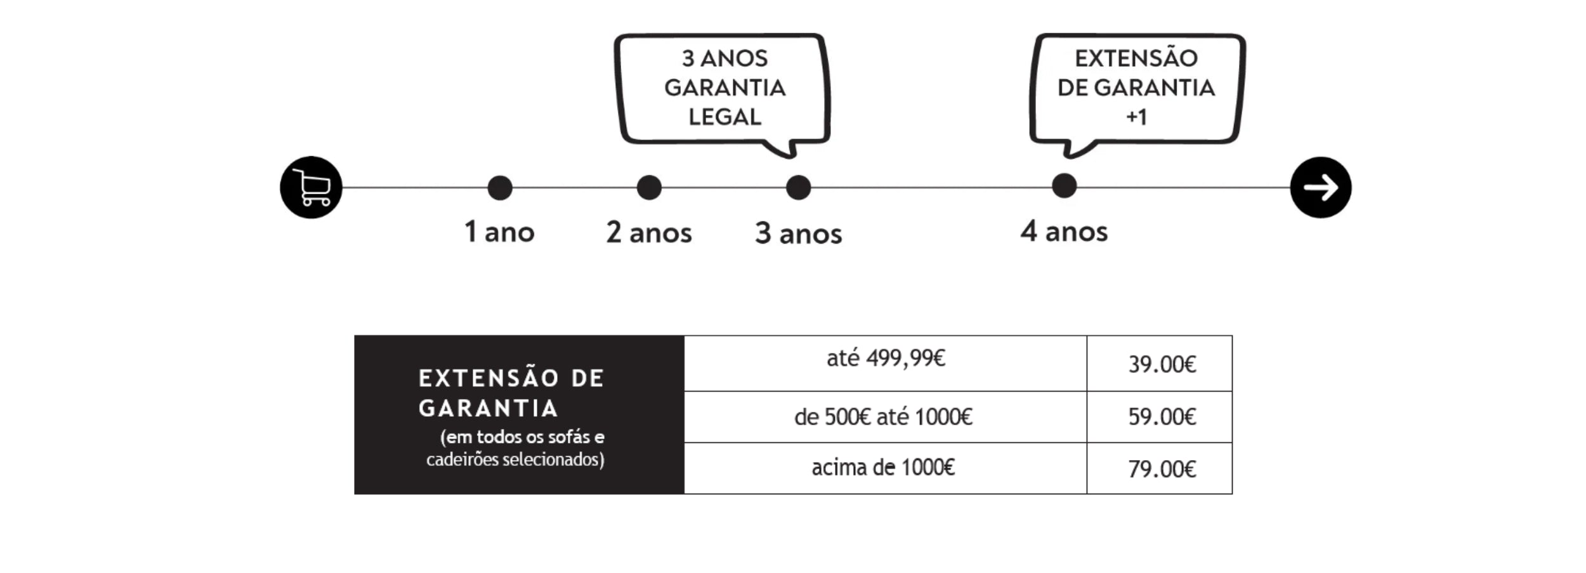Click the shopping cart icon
pos(311,188)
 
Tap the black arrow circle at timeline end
pos(1321,188)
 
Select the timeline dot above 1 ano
pos(500,188)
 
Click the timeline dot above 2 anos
pos(649,188)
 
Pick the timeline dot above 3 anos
pos(798,188)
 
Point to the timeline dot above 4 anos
pos(1064,186)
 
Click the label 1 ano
pos(499,232)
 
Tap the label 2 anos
pos(649,232)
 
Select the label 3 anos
pos(798,234)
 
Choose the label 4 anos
pos(1064,231)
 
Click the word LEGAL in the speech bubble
pos(724,117)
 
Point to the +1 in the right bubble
pos(1136,117)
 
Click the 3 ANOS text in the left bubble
pos(724,58)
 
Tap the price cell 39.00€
pos(1160,364)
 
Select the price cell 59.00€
pos(1160,417)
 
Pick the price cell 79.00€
pos(1160,468)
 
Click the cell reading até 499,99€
pos(886,363)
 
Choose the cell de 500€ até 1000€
pos(886,417)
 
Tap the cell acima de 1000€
pos(886,468)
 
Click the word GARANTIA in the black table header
pos(488,408)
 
